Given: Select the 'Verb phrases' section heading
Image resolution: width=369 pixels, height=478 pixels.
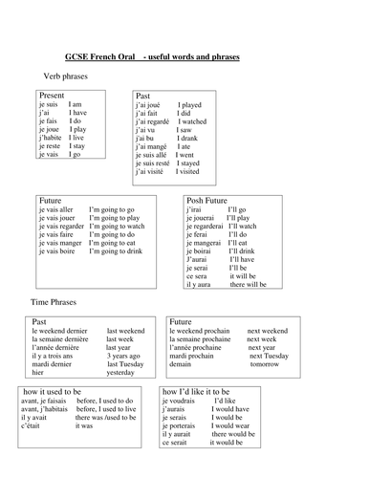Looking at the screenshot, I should pos(68,76).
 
